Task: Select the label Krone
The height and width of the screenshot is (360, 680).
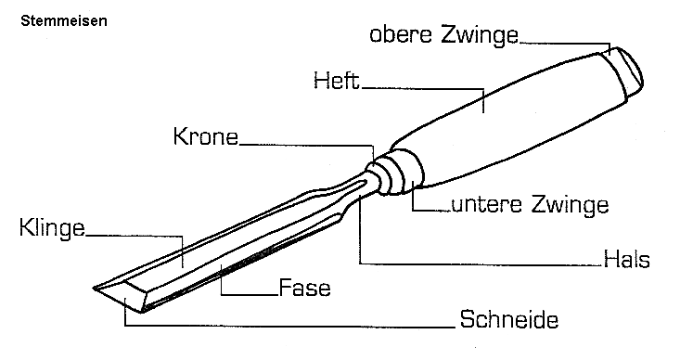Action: [x=205, y=138]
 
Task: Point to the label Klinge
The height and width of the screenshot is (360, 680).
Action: [x=51, y=227]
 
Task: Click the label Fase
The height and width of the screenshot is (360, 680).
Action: [x=305, y=287]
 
